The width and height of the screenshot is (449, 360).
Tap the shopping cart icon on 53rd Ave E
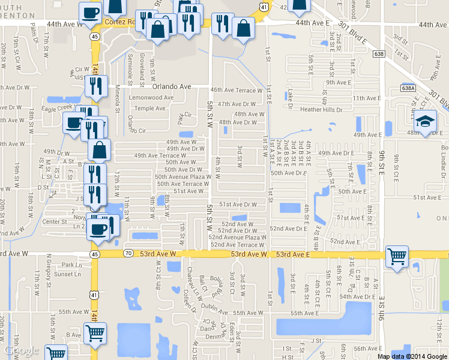[397, 257]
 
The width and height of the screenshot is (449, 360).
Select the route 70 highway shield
[128, 254]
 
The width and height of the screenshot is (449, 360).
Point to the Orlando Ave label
[172, 86]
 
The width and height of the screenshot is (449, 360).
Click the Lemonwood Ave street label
[151, 97]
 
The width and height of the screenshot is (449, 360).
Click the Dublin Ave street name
[214, 312]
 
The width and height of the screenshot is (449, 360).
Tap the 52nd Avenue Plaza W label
[238, 238]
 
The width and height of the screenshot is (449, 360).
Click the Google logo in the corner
[21, 350]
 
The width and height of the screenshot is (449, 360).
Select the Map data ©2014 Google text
[412, 356]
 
